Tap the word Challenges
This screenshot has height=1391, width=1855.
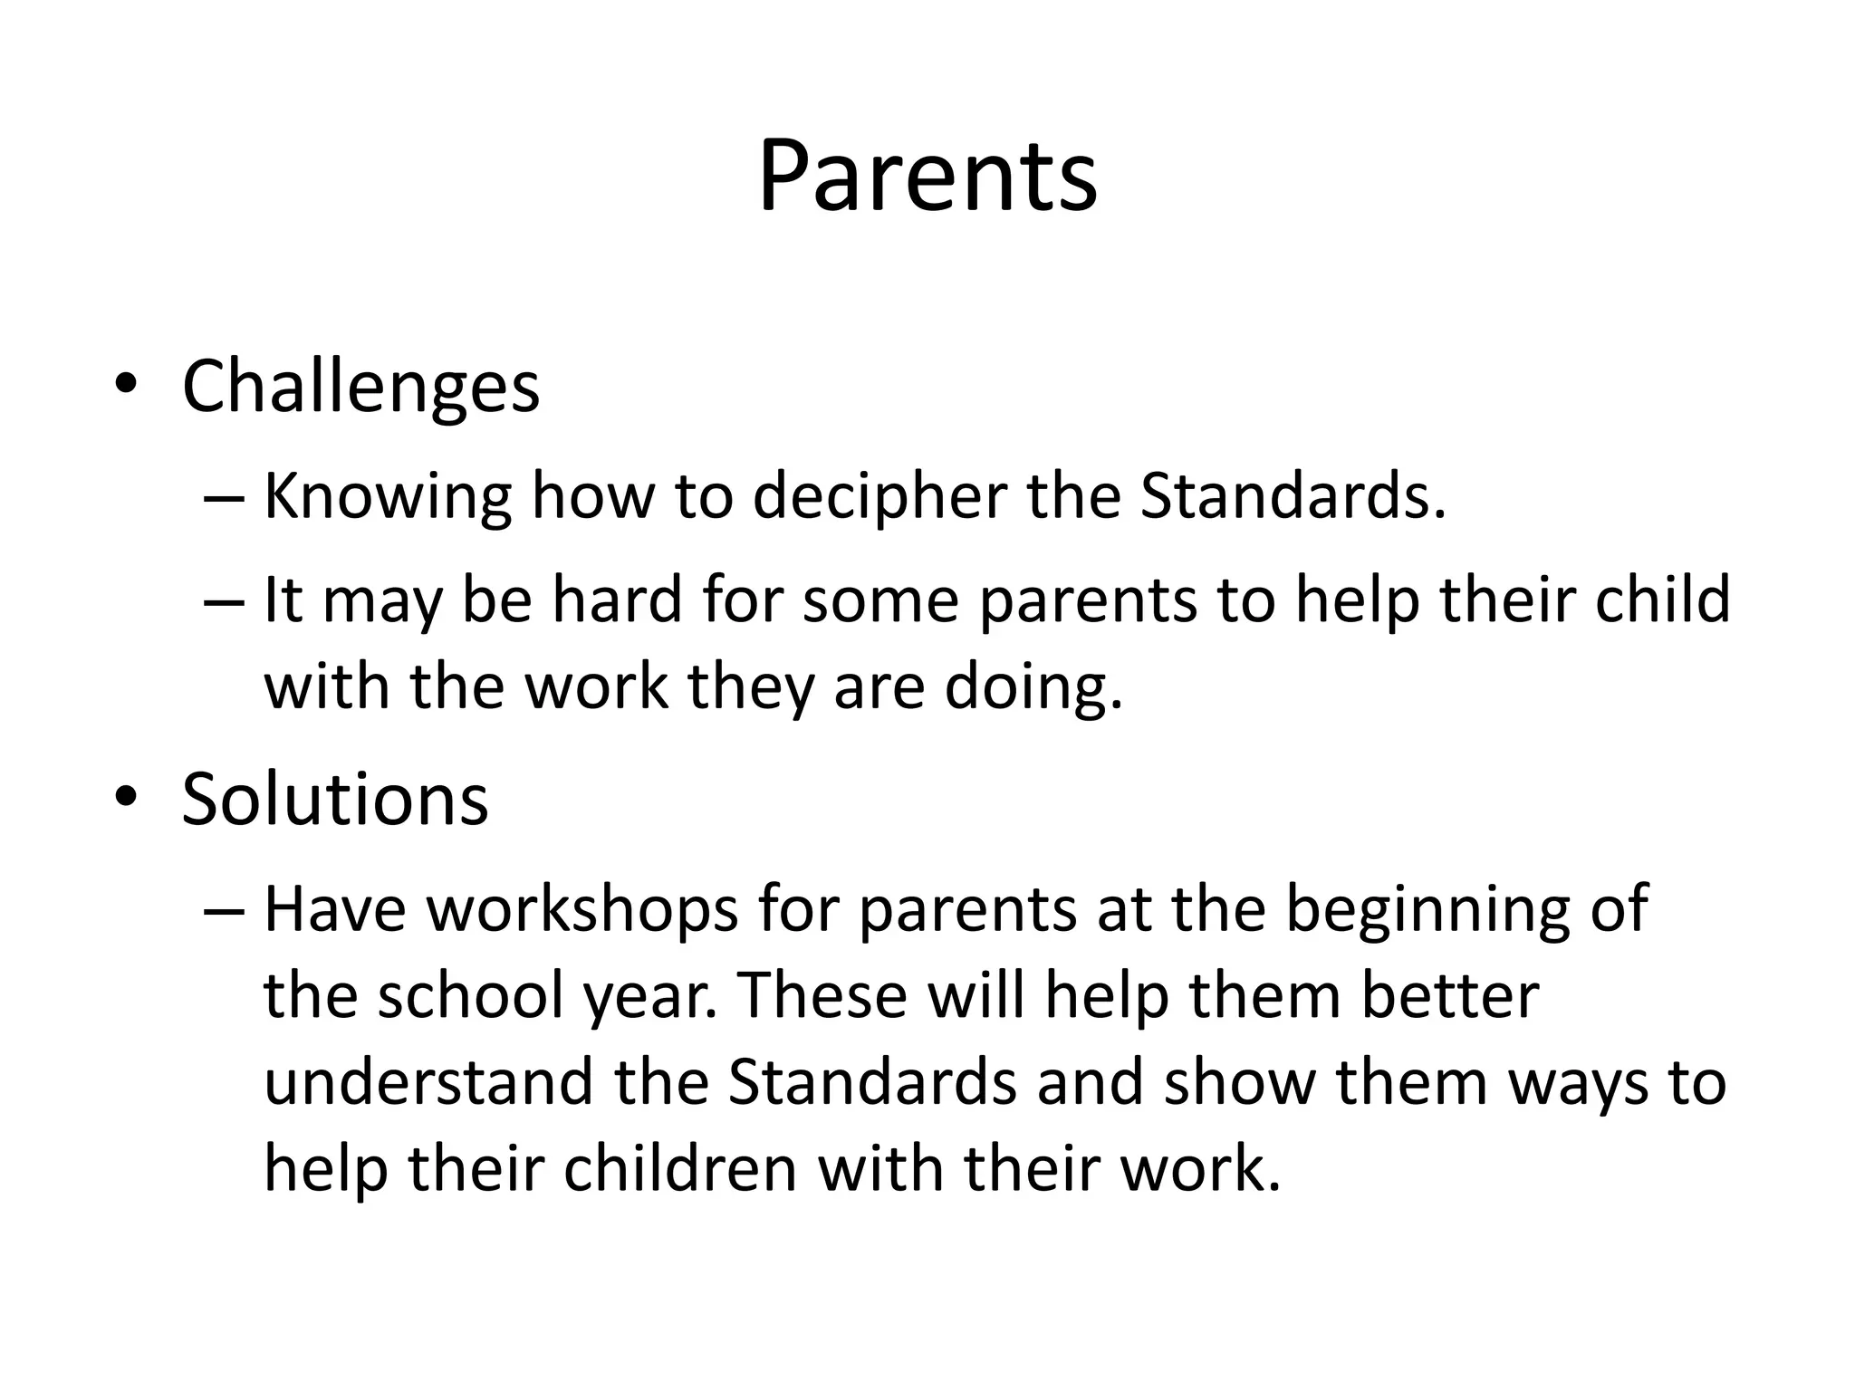[x=360, y=388]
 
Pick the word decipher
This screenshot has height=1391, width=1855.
[x=879, y=498]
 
